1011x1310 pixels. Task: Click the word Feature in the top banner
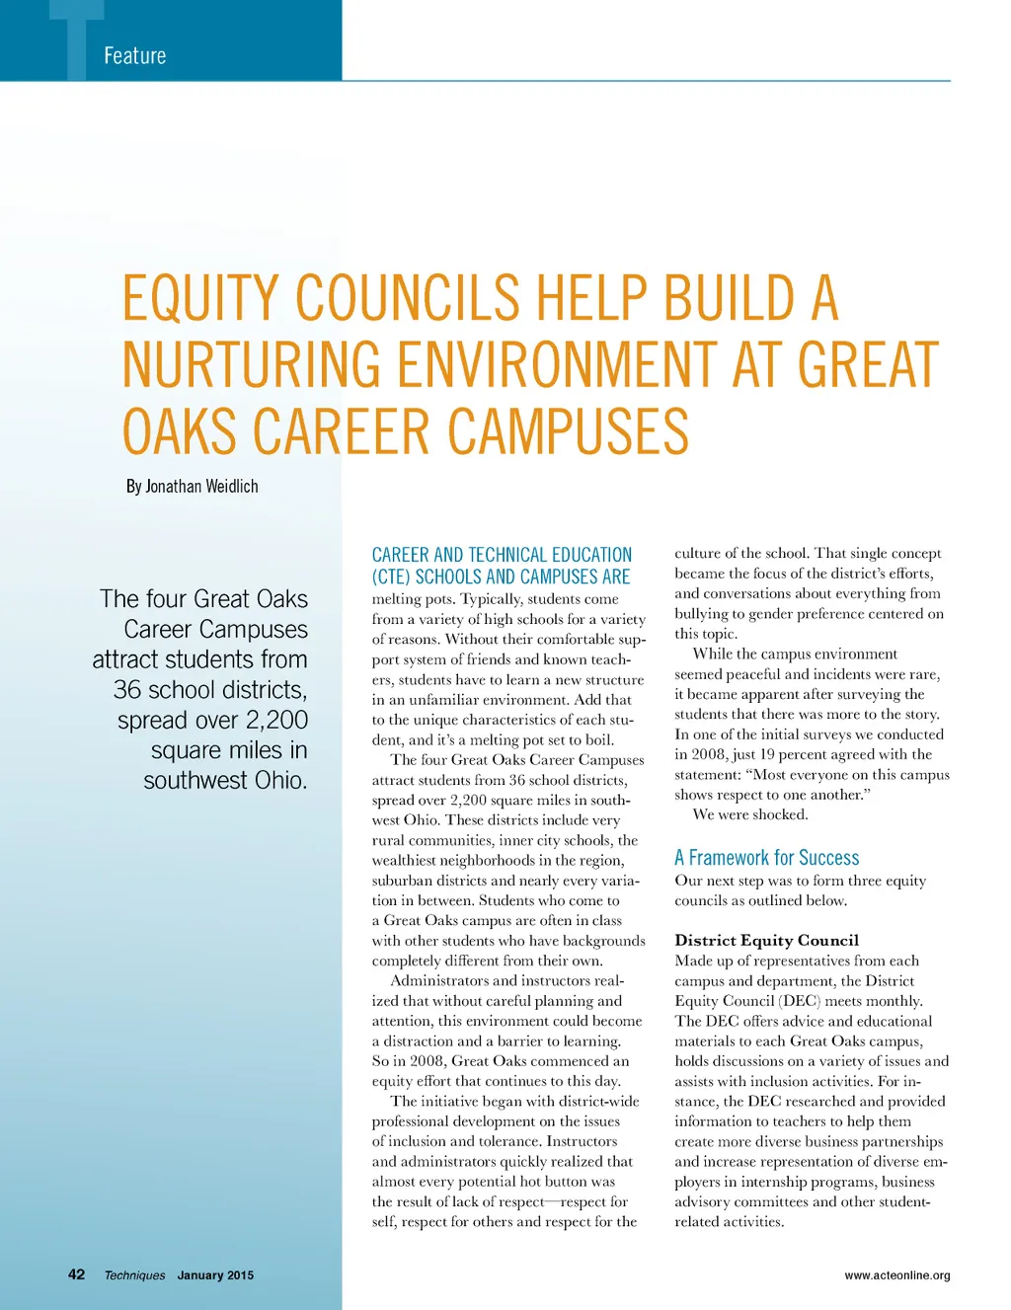pos(135,56)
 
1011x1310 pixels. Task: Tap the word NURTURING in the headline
pos(252,364)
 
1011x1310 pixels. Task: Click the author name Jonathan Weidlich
pos(201,487)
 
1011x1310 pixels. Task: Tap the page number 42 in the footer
pos(76,1274)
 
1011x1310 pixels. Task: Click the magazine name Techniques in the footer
pos(135,1275)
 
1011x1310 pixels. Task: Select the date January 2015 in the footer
pos(215,1275)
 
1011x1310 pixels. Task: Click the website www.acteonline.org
pos(896,1275)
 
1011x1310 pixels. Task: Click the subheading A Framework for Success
pos(766,858)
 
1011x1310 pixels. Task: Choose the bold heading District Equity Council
pos(766,940)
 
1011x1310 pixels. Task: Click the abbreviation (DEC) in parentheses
pos(800,1001)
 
